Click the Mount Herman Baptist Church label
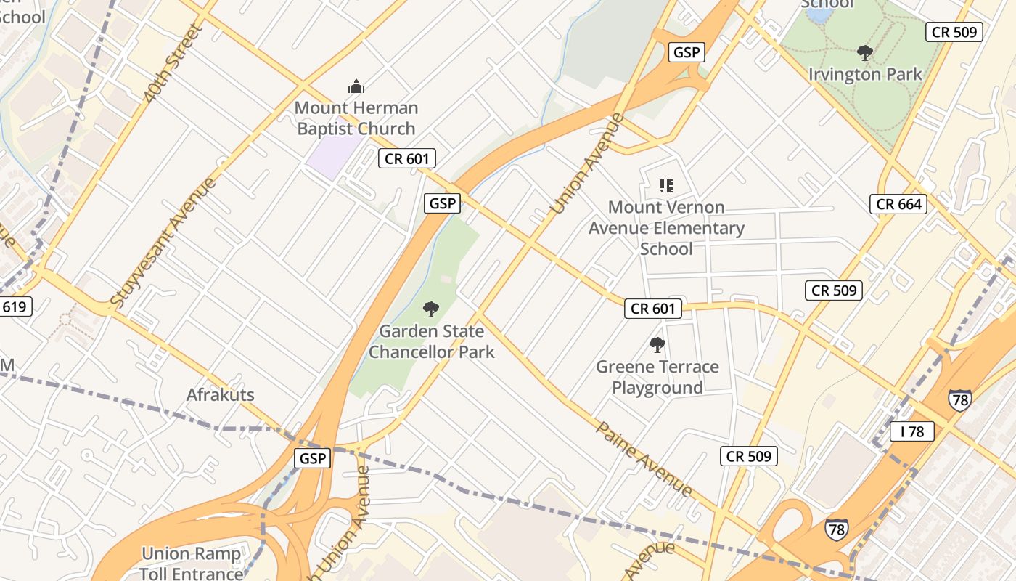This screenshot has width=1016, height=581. click(x=356, y=118)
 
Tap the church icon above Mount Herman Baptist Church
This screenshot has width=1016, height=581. click(x=356, y=87)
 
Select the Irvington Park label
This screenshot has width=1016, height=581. click(x=865, y=74)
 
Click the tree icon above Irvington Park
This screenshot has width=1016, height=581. click(x=864, y=52)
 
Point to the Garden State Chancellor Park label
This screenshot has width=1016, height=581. click(x=432, y=342)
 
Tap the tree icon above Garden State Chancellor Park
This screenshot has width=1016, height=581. click(x=431, y=310)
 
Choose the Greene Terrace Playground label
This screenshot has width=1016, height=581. click(x=657, y=377)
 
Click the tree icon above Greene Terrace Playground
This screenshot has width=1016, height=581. click(x=657, y=345)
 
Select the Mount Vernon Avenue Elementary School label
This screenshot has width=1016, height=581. click(x=666, y=228)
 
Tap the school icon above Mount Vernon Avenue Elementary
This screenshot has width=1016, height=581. click(x=666, y=186)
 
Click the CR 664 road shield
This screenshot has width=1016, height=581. click(x=899, y=204)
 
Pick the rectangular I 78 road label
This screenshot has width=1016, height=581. click(x=912, y=431)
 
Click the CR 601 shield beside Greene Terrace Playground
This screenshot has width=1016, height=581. click(x=653, y=309)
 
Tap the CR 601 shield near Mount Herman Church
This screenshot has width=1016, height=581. click(x=407, y=159)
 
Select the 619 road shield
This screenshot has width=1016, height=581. click(x=14, y=306)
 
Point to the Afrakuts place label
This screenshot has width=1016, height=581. click(x=221, y=395)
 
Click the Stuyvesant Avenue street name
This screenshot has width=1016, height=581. click(x=164, y=241)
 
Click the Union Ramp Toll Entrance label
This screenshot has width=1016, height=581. click(x=191, y=564)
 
